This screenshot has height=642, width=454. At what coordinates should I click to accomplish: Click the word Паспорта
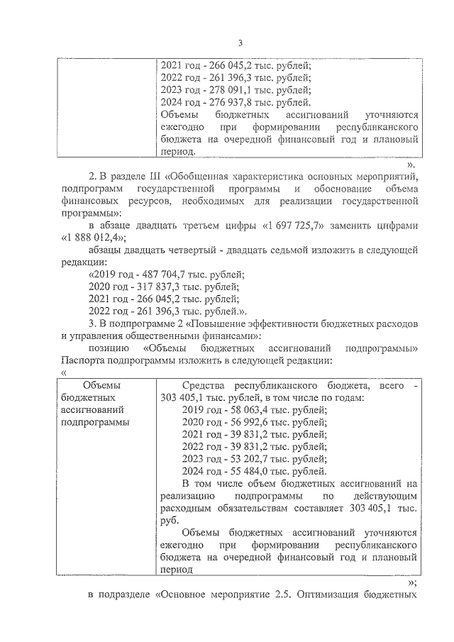(x=83, y=360)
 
